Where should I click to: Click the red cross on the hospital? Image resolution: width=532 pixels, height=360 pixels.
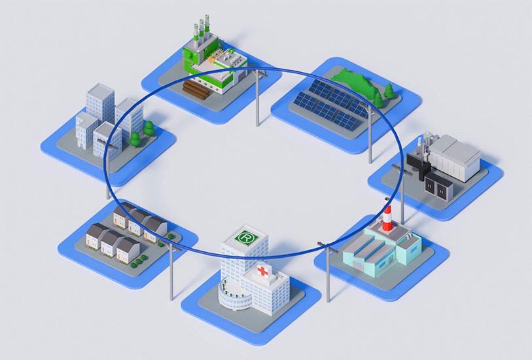tap(263, 272)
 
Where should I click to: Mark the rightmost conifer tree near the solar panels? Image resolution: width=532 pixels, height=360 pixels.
tap(390, 91)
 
